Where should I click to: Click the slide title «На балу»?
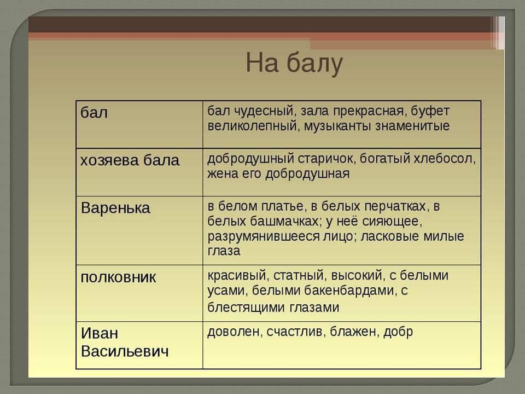coord(294,63)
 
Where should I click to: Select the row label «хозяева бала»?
coord(130,160)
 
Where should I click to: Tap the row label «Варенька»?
coord(115,208)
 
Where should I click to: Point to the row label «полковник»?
coord(118,277)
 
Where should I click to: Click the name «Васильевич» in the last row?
coord(125,351)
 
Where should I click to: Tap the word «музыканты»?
coord(338,126)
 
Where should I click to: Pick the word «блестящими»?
coord(247,308)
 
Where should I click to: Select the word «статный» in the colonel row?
coord(300,276)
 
